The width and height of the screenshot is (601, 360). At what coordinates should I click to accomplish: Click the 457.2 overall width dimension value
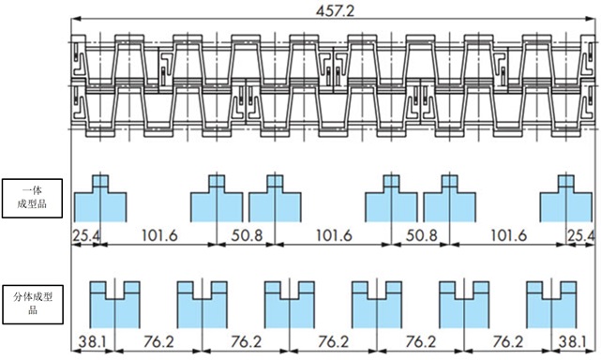click(335, 10)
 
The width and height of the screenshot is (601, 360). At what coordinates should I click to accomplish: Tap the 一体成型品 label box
click(32, 198)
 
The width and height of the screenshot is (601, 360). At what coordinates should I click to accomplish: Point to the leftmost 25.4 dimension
click(86, 235)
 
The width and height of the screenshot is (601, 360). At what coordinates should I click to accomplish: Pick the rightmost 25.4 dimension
click(581, 235)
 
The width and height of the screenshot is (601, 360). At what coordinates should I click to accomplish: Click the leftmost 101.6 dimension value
click(159, 235)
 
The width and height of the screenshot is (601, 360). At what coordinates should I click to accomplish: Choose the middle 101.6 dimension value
click(334, 235)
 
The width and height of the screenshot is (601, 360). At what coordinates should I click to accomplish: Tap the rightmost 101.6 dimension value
click(508, 235)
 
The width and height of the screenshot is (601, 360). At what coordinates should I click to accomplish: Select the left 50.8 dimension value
click(247, 235)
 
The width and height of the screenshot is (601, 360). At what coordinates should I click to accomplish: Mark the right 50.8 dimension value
click(421, 235)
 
